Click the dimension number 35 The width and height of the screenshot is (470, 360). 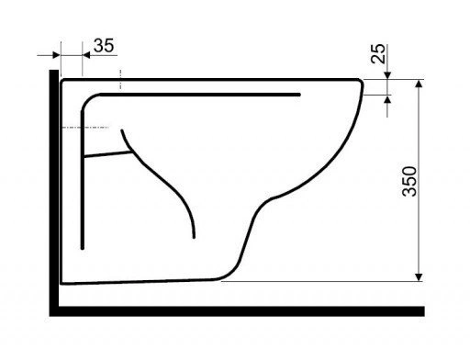[104, 46]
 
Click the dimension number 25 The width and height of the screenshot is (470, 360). [378, 53]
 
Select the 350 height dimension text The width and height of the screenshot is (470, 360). [409, 181]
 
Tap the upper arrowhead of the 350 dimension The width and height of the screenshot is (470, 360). [419, 84]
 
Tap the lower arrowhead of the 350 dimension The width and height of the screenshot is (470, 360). [419, 277]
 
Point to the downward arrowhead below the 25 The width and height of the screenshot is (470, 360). [387, 75]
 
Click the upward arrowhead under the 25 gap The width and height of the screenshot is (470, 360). [387, 99]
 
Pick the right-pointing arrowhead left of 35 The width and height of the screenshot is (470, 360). [56, 55]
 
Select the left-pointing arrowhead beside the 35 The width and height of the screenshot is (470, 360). [86, 55]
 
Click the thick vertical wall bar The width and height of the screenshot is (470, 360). [54, 193]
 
